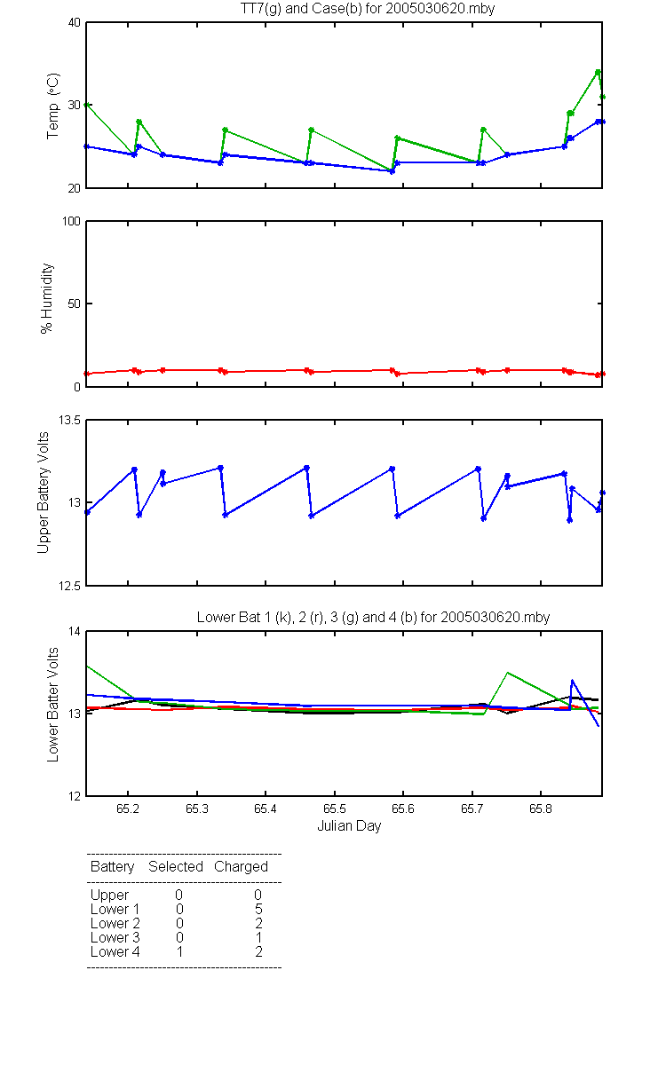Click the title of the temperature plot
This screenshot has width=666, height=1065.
point(368,9)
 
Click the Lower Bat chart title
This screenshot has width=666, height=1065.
point(374,617)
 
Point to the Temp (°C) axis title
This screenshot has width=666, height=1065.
point(52,106)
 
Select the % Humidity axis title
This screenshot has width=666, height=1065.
point(46,298)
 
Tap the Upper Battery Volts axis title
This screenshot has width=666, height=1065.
point(44,493)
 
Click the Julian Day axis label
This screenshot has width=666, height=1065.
point(349,826)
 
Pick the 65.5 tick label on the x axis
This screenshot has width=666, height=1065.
point(335,809)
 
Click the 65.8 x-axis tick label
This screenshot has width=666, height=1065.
point(541,809)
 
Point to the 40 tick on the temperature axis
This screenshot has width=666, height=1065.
point(75,23)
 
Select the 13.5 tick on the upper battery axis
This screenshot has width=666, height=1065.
point(69,421)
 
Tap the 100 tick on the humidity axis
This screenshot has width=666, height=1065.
point(71,222)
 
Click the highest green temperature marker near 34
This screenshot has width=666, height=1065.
point(598,72)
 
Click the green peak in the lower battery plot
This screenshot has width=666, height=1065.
point(508,673)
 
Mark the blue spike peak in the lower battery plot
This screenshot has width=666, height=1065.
point(572,681)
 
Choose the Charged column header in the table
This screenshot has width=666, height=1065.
point(241,867)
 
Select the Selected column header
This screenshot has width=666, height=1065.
point(176,866)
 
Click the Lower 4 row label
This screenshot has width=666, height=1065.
point(115,951)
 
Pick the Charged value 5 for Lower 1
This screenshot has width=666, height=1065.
point(258,909)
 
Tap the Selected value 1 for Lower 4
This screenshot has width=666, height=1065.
point(179,951)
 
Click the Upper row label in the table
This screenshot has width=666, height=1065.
point(109,895)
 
